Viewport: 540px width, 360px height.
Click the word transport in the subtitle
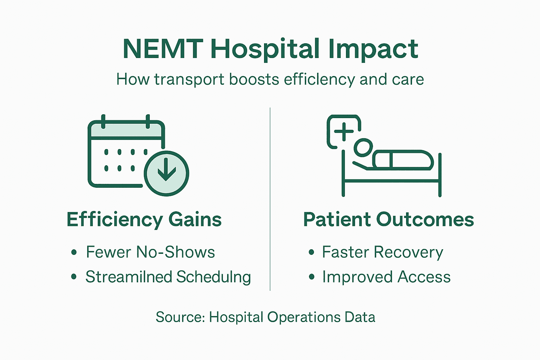click(189, 79)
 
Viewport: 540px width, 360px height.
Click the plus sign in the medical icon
click(344, 131)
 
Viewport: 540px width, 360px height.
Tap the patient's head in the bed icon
click(363, 148)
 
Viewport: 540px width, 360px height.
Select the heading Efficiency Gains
click(144, 220)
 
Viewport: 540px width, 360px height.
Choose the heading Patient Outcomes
click(388, 220)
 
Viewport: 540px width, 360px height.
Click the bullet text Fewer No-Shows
click(150, 252)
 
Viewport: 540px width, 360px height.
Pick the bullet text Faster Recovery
click(382, 252)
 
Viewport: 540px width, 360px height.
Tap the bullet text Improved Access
click(386, 277)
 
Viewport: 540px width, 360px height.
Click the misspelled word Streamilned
click(128, 277)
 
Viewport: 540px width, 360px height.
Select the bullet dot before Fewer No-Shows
click(74, 252)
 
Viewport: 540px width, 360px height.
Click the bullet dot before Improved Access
click(311, 277)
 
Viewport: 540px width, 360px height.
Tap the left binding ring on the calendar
click(103, 121)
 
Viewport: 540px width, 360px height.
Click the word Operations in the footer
click(304, 317)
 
